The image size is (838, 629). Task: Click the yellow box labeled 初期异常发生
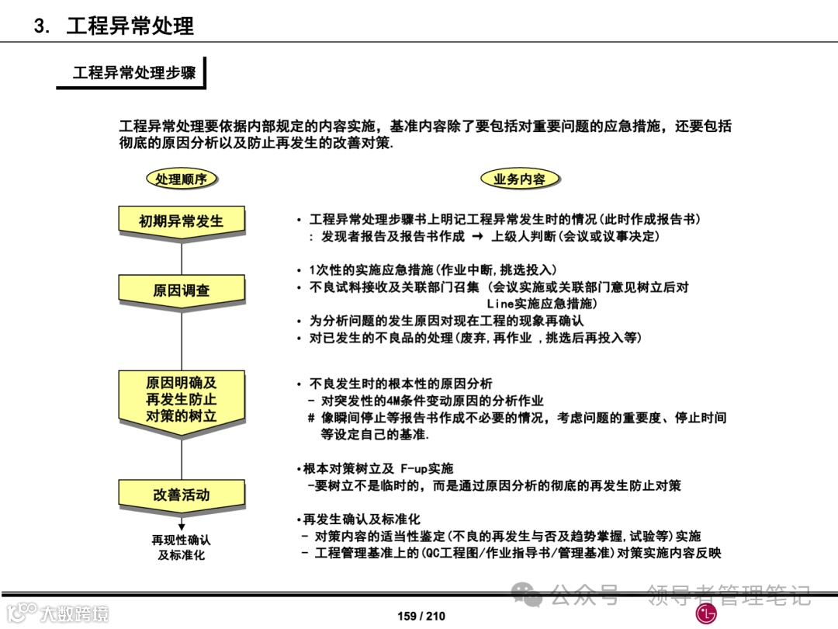pyautogui.click(x=181, y=221)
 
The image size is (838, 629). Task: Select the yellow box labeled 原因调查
pyautogui.click(x=181, y=290)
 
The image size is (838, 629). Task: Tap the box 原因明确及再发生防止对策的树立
pyautogui.click(x=181, y=400)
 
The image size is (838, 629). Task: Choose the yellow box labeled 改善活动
pyautogui.click(x=181, y=495)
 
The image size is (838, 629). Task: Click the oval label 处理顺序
pyautogui.click(x=181, y=179)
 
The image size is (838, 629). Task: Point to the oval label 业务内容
pyautogui.click(x=519, y=179)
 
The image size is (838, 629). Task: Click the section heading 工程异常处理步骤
pyautogui.click(x=133, y=73)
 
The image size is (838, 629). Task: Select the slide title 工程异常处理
pyautogui.click(x=130, y=26)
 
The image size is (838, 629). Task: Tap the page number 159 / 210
pyautogui.click(x=421, y=616)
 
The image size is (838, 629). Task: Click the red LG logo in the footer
pyautogui.click(x=705, y=613)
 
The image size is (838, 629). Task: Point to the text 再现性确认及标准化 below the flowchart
pyautogui.click(x=181, y=547)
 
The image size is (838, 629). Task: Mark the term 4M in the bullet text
pyautogui.click(x=394, y=401)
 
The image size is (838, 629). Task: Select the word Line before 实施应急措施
pyautogui.click(x=500, y=304)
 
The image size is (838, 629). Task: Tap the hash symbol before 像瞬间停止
pyautogui.click(x=311, y=418)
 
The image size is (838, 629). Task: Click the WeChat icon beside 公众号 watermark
pyautogui.click(x=532, y=596)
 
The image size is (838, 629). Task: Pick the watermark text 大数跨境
pyautogui.click(x=74, y=613)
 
